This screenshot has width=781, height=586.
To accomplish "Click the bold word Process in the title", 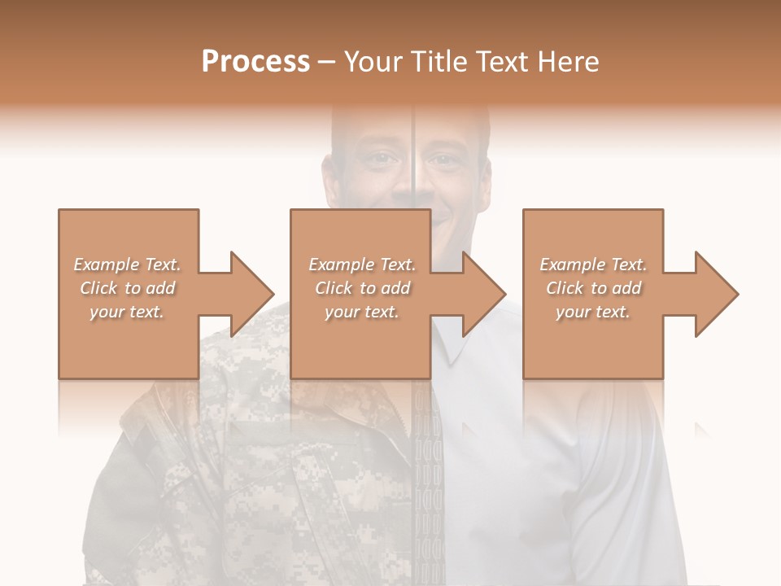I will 255,61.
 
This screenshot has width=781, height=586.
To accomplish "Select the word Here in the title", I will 569,61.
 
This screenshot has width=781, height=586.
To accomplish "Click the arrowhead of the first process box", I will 253,294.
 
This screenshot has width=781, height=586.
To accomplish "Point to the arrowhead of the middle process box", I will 485,294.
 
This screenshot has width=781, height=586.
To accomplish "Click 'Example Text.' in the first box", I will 127,265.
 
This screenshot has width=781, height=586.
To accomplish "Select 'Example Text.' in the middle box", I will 361,265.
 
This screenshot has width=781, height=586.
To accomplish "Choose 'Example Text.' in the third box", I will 593,265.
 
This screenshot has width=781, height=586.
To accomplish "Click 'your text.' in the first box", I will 127,312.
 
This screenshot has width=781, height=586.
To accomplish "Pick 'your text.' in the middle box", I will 361,312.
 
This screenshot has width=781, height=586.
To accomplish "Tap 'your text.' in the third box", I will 593,312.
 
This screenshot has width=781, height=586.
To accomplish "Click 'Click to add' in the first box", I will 127,288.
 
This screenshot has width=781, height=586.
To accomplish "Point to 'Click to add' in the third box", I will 593,288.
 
